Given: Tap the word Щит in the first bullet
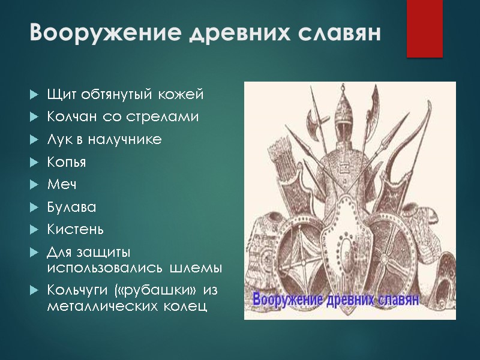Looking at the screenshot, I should coord(61,95).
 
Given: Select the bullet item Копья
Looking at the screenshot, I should coord(67,163).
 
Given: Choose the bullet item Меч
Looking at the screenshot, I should coord(62,185).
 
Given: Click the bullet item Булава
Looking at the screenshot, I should coord(71,207).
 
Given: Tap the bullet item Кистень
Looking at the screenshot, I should coord(76,229).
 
